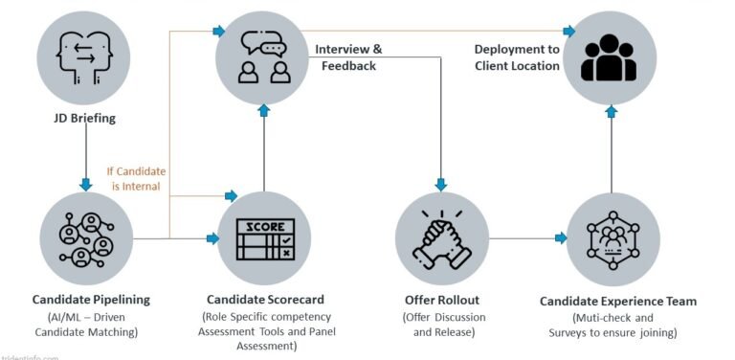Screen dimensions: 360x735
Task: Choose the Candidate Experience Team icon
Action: click(612, 236)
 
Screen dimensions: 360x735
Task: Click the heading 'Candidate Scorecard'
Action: click(265, 301)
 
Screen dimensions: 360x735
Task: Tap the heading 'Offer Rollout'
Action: click(441, 301)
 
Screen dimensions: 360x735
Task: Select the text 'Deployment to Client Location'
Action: click(517, 57)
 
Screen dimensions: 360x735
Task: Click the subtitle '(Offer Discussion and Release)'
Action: click(441, 326)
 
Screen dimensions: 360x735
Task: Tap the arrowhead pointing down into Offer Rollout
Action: click(441, 184)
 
